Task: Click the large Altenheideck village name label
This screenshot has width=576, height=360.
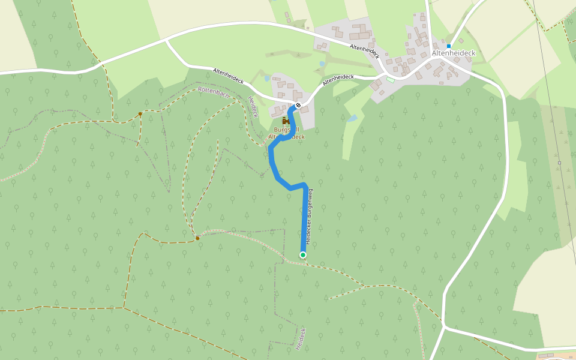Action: click(454, 53)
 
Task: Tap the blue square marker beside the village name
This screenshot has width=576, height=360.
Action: click(448, 46)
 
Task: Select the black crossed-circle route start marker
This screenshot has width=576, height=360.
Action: click(298, 106)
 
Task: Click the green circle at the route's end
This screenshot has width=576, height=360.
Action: click(303, 255)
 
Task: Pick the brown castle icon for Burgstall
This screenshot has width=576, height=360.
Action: click(286, 121)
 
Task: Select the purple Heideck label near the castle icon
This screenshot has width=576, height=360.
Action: click(253, 107)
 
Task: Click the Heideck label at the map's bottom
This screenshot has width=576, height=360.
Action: click(301, 339)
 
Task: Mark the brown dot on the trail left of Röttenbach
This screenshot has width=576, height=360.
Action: click(140, 113)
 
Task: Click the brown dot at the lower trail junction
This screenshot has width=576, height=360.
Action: click(197, 238)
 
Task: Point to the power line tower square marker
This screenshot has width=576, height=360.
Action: click(559, 163)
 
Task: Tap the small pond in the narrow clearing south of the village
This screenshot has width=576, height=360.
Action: click(352, 119)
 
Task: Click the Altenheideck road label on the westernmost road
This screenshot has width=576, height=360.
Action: click(228, 76)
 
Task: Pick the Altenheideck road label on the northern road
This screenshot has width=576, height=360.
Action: click(365, 51)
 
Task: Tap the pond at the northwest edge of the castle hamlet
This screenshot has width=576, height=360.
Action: click(267, 78)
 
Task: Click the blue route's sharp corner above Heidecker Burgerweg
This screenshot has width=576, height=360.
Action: click(305, 185)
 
